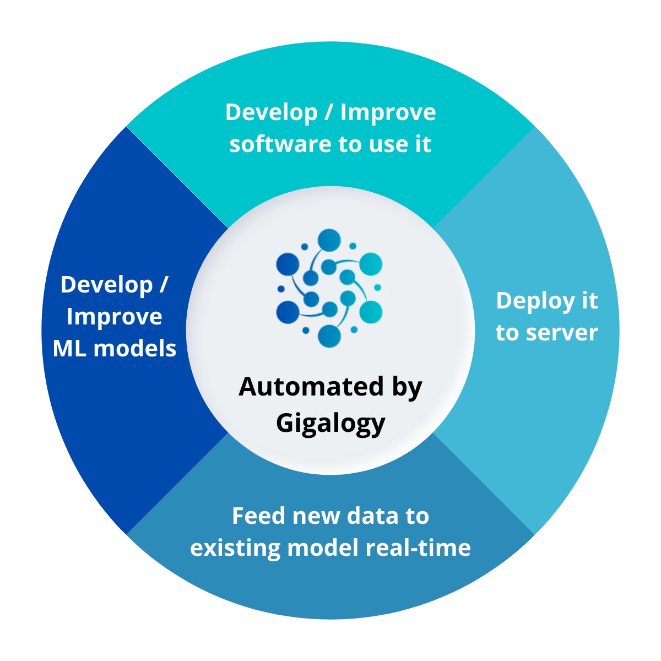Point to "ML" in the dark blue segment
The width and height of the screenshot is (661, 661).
(x=70, y=349)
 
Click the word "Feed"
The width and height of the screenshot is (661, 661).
(x=258, y=516)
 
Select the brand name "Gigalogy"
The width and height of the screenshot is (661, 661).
(x=330, y=423)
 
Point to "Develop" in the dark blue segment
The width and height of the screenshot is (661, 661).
(x=106, y=285)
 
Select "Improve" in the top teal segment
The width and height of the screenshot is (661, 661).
(x=388, y=112)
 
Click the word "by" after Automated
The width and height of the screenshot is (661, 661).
(x=407, y=388)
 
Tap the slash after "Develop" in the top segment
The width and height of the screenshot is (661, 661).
(x=329, y=112)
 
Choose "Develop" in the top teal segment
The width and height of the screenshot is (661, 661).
(x=272, y=112)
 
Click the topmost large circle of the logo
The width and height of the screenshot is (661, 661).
(x=329, y=240)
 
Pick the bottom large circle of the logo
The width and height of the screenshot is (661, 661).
(x=329, y=336)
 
